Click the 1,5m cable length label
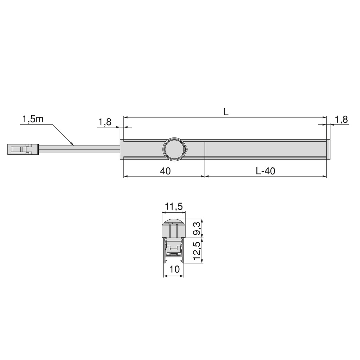(33, 119)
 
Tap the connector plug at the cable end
(23, 149)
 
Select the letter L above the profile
(226, 112)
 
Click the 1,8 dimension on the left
(104, 122)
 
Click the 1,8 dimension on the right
(341, 120)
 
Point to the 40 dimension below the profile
(165, 171)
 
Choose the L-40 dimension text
(265, 171)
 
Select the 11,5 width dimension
(173, 207)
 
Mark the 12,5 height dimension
(198, 250)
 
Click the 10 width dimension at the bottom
(174, 270)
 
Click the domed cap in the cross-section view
(174, 222)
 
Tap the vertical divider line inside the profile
(205, 149)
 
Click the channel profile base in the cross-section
(174, 260)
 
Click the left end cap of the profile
(122, 149)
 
